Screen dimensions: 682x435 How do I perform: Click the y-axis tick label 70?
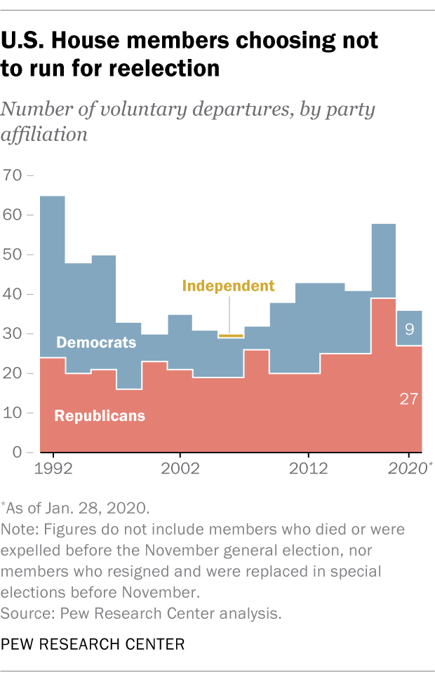click(13, 175)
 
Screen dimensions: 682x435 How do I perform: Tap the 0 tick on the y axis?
click(17, 453)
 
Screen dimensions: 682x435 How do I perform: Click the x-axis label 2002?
click(180, 469)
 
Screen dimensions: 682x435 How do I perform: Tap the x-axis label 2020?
click(409, 469)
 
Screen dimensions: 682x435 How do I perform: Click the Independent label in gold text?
click(228, 286)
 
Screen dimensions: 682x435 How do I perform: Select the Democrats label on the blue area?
click(95, 342)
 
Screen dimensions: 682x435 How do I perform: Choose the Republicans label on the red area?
click(100, 415)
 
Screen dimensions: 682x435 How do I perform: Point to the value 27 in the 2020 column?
click(408, 399)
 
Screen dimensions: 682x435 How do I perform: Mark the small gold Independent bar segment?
click(230, 336)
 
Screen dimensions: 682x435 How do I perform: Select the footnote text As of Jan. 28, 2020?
click(75, 507)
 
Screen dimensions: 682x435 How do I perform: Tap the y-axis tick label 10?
click(13, 413)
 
